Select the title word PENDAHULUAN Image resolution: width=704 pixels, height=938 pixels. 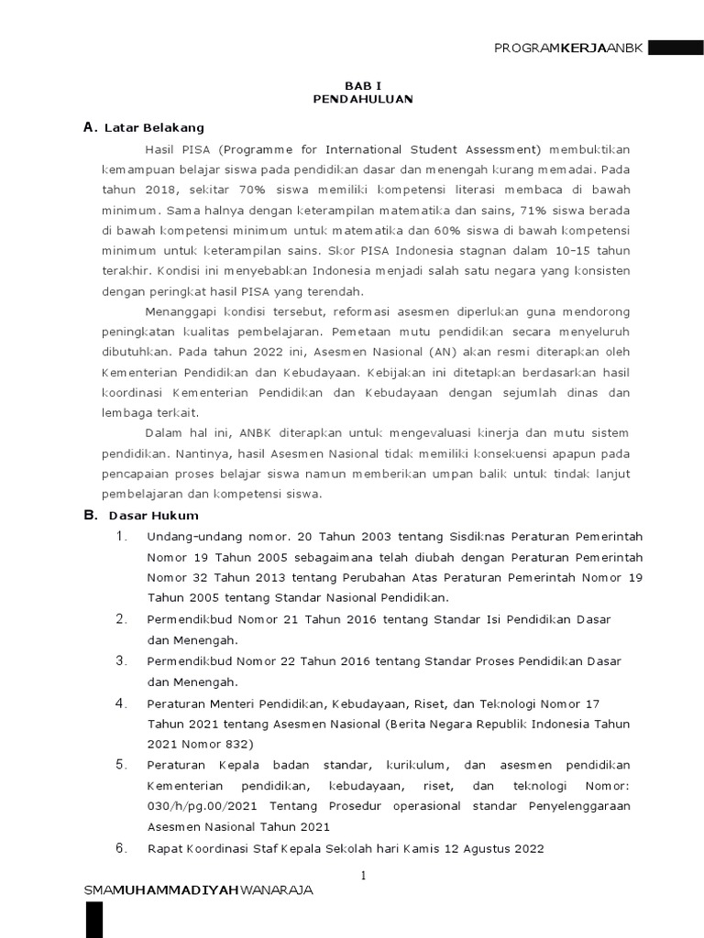pos(362,99)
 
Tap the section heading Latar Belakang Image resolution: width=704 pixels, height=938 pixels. pos(154,128)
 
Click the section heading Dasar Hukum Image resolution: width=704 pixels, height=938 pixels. pos(153,516)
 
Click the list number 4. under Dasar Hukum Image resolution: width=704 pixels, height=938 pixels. pos(121,703)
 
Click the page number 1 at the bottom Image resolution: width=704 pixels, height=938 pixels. pos(363,875)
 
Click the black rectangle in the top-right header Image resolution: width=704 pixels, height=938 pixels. pos(675,48)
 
